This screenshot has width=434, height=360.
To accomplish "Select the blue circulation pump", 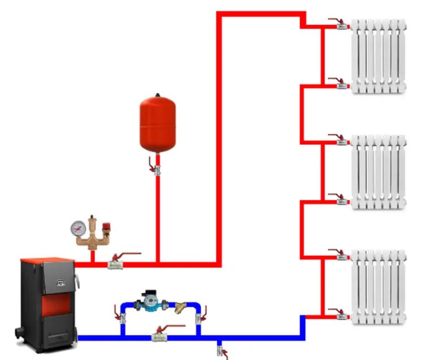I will click(x=150, y=303).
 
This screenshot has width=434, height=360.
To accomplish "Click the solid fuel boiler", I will click(x=47, y=300).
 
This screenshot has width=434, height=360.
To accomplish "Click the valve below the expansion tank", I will click(x=156, y=167).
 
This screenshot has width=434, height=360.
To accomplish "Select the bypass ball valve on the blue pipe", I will click(x=160, y=337).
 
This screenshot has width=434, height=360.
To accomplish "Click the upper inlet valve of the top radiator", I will click(x=341, y=25).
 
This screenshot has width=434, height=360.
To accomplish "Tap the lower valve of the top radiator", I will click(x=341, y=85).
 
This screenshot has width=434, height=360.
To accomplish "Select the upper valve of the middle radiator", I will click(x=341, y=141).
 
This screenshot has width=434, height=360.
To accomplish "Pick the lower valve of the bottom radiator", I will click(x=341, y=314).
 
